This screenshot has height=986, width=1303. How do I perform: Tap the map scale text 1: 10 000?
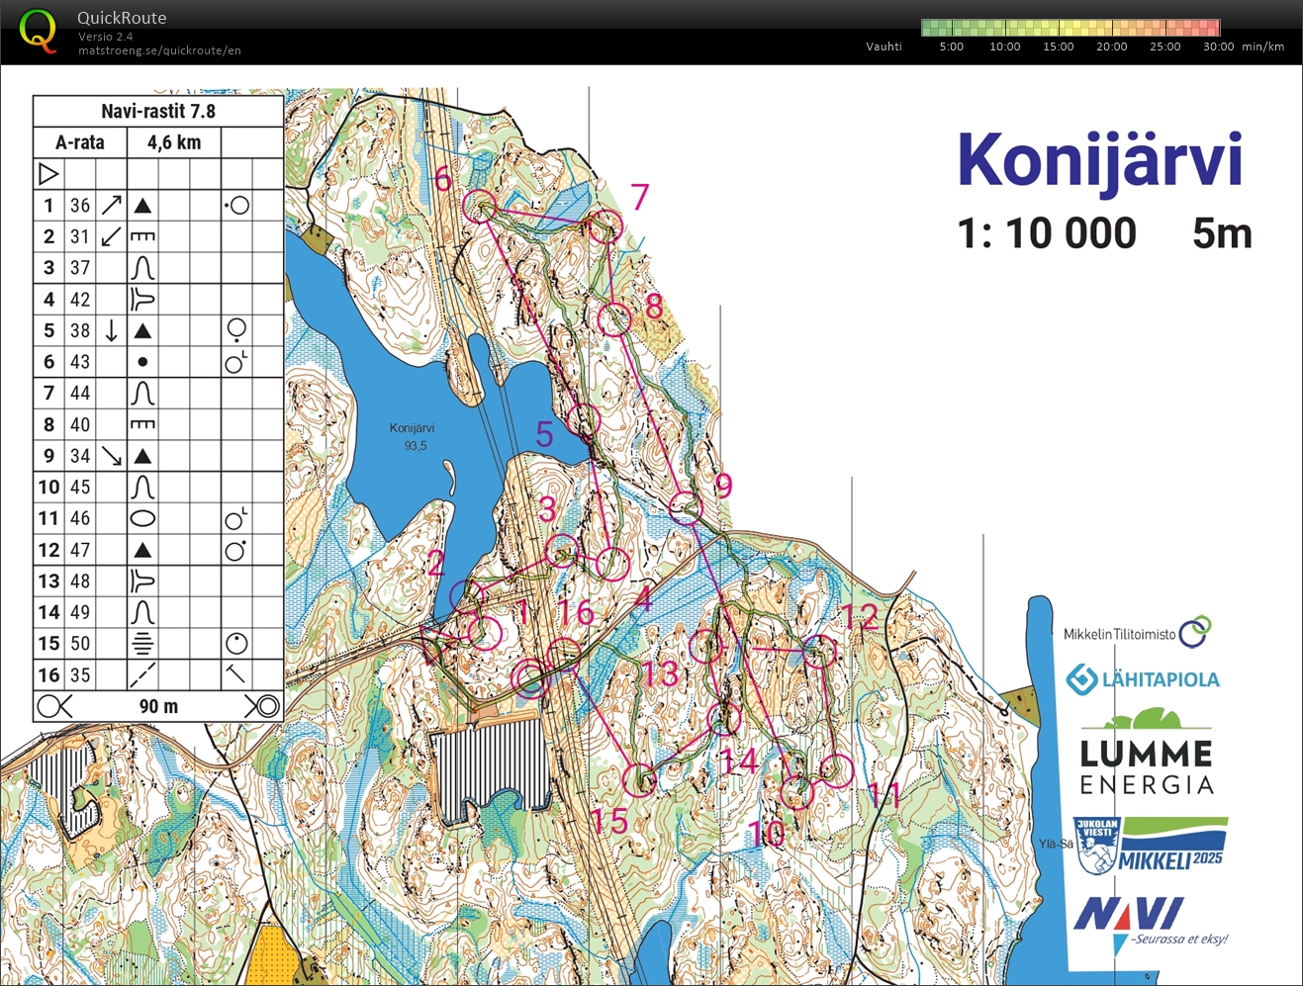[x=1047, y=234]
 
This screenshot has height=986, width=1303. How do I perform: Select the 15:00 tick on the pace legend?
[x=1058, y=46]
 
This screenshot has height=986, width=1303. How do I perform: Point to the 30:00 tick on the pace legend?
[x=1218, y=46]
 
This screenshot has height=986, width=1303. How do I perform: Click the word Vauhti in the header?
[x=884, y=46]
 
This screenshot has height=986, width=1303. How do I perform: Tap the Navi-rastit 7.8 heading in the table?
[x=158, y=111]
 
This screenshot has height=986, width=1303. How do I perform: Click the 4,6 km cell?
[x=174, y=142]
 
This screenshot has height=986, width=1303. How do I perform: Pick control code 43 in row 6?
[x=80, y=362]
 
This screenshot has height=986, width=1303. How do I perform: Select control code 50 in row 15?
[x=80, y=644]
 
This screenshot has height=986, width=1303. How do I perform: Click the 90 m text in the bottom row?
[x=158, y=706]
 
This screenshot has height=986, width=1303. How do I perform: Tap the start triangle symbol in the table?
[x=48, y=174]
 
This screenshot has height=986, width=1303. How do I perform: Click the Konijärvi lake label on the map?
[x=412, y=428]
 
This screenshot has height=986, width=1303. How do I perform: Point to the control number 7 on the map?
[x=640, y=197]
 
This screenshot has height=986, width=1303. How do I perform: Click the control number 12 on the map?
[x=859, y=617]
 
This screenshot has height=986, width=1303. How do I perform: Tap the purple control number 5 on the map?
[x=544, y=433]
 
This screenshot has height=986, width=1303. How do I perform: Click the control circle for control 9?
[x=686, y=508]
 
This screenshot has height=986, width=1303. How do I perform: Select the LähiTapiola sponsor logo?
[x=1143, y=679]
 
